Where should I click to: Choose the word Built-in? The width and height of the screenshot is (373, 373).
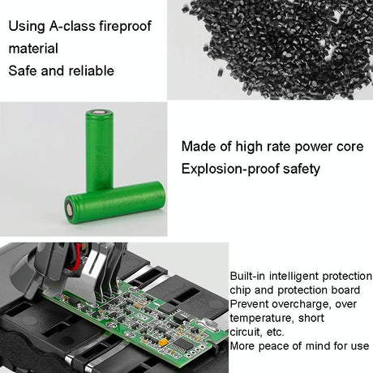coord(248,276)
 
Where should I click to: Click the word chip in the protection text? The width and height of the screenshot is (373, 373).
coord(242,289)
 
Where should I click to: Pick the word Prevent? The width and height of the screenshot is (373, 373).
coord(251,303)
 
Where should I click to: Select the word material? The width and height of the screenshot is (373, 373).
coord(33,48)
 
